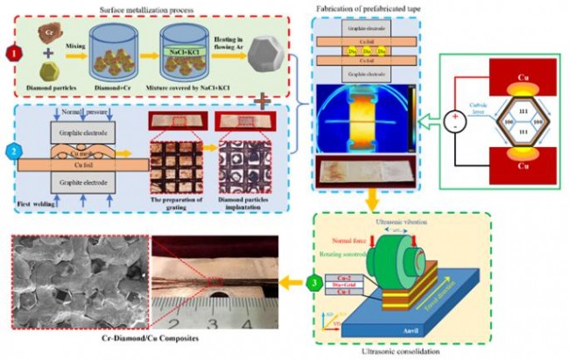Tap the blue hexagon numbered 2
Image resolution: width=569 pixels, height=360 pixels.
12,150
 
